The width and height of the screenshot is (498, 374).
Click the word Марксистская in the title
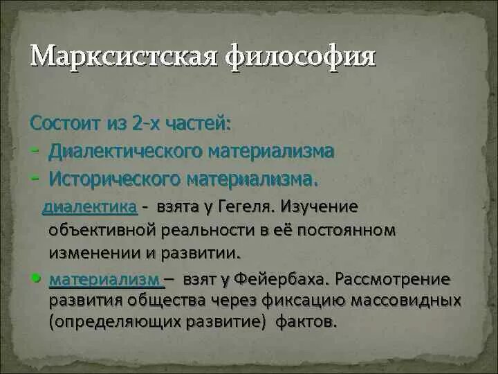click(127, 57)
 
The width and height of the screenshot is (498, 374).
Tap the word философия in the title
click(302, 57)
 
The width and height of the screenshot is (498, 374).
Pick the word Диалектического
click(126, 151)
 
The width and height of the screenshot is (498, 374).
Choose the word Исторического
click(115, 179)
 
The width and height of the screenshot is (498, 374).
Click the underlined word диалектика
click(90, 206)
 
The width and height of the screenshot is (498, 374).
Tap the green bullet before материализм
click(36, 277)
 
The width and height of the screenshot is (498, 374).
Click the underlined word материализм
click(104, 280)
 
